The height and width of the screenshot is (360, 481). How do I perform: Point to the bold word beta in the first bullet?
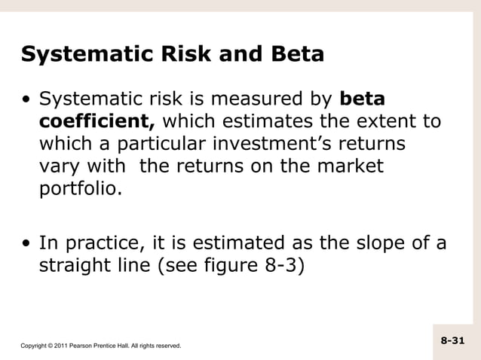364,99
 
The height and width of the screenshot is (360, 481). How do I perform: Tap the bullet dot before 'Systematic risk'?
27,99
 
